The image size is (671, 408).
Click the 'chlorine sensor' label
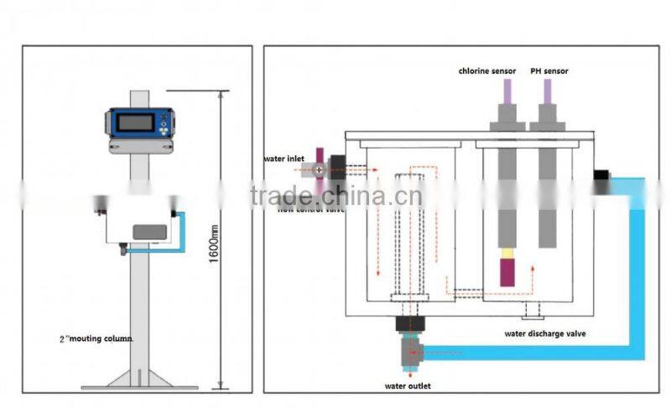click(486, 71)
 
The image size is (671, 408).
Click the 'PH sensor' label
click(549, 71)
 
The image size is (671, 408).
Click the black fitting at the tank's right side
click(601, 176)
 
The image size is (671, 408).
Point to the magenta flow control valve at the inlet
click(320, 169)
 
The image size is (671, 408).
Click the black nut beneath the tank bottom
click(410, 324)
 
